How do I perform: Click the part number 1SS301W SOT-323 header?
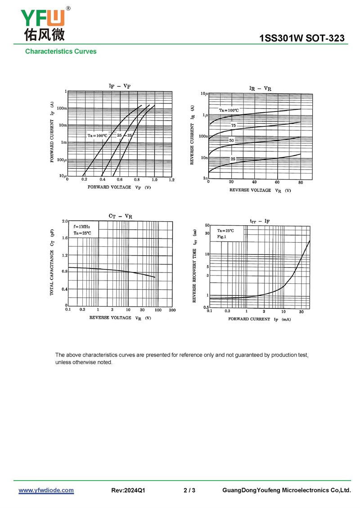[302, 39]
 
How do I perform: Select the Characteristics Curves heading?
[61, 52]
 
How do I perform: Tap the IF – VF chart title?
[119, 86]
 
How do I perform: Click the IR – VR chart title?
[260, 89]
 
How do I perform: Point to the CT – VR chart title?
[120, 216]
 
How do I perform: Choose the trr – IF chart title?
[260, 221]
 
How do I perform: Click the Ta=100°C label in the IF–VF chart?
[97, 135]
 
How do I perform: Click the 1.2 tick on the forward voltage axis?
[171, 180]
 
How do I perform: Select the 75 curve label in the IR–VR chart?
[234, 125]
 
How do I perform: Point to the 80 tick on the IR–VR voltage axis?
[301, 182]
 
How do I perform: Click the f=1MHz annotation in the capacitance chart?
[82, 227]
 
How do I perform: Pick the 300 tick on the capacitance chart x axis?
[172, 310]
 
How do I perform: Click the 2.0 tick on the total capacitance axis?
[64, 222]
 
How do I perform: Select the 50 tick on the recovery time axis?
[207, 225]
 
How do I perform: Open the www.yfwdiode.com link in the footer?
[46, 490]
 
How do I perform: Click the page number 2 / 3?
[189, 490]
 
